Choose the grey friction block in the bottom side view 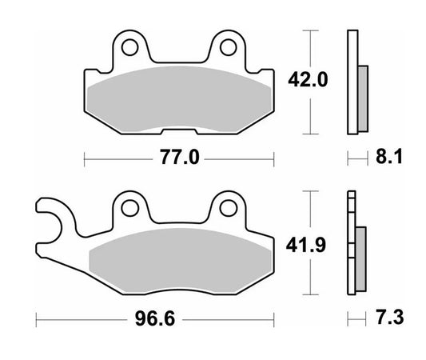pos(360,252)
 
